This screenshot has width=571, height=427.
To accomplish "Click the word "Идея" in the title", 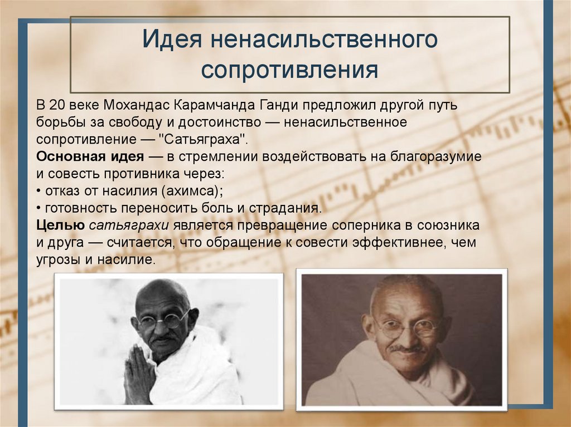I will click(171, 41).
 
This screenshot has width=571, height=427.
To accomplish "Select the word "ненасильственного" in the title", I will click(322, 41).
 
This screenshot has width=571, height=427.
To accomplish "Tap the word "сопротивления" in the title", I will click(290, 71).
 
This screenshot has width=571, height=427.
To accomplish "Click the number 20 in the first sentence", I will click(57, 105).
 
